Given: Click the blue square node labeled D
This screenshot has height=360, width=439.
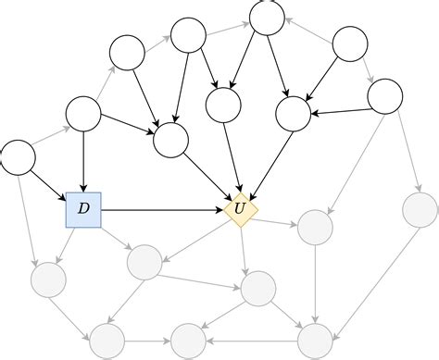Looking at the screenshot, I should tap(83, 210).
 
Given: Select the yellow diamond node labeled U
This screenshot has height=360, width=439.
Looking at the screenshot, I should tap(241, 211).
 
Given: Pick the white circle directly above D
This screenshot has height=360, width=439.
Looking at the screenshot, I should tap(83, 114).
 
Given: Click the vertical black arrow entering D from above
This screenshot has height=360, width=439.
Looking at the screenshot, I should tap(83, 162).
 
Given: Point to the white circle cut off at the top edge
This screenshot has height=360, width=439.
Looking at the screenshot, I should tap(268, 15).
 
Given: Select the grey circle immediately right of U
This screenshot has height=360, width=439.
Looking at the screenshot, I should tap(315, 227).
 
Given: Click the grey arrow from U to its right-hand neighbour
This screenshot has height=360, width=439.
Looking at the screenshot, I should tap(278, 218).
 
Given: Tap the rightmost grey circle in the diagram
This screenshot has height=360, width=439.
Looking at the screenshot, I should tap(420, 210).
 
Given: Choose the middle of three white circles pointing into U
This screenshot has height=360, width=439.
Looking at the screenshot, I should tap(223, 105).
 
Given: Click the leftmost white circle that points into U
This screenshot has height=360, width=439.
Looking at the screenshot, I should tap(170, 140).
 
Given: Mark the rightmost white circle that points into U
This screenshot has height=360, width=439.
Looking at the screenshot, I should tap(293, 113).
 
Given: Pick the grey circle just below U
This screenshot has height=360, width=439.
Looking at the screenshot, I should tap(257, 289).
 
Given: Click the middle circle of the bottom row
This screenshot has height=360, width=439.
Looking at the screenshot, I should tap(188, 340).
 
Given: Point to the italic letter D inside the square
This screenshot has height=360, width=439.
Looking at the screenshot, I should tap(83, 210).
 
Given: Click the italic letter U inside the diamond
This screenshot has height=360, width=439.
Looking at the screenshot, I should tap(241, 211).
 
